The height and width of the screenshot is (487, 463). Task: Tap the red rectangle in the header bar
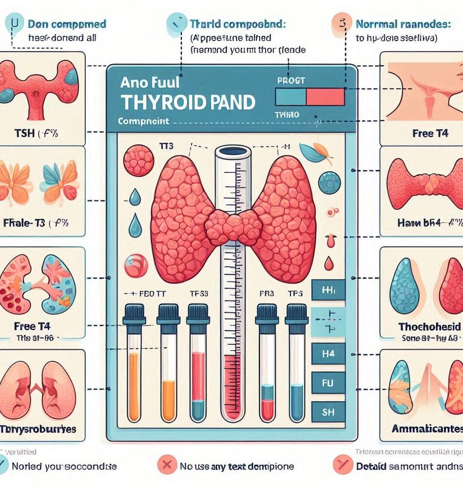pos(325,97)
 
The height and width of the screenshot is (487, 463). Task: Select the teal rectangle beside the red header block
pos(290,97)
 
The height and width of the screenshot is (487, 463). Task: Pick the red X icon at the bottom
pos(168,466)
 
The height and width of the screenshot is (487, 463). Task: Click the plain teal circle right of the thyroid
pos(329,183)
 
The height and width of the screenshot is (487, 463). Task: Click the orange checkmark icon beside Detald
pos(340,466)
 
